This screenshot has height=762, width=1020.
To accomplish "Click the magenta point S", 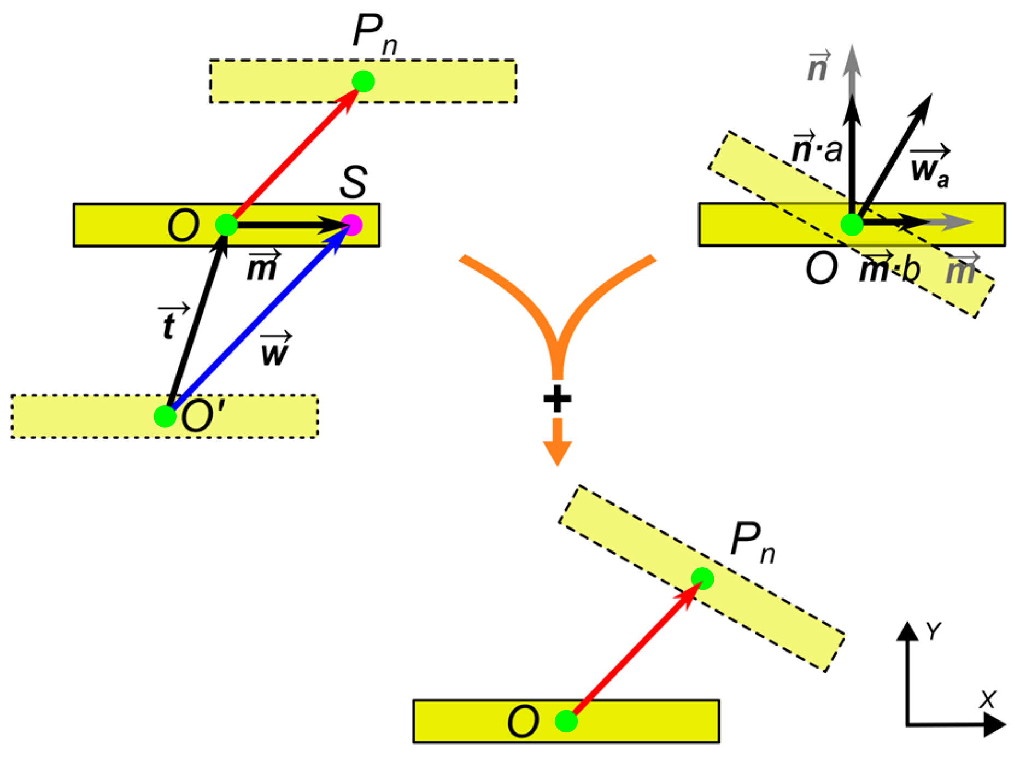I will tap(351, 225).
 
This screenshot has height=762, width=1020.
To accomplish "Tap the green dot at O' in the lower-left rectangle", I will tap(165, 417).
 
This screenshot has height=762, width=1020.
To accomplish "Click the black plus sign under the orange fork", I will tap(557, 398).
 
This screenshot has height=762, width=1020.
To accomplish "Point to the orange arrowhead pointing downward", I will tap(557, 452).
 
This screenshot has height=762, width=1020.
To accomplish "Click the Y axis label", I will tap(934, 631).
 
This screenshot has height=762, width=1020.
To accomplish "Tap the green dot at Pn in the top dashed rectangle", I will tap(363, 81).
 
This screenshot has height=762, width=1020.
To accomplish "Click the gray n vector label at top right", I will tap(818, 67).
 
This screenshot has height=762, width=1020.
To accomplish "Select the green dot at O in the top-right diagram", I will tap(851, 224).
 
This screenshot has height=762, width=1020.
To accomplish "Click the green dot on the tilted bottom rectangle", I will tap(702, 578).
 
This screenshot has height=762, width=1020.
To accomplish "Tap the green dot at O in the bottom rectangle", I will tap(566, 721).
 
